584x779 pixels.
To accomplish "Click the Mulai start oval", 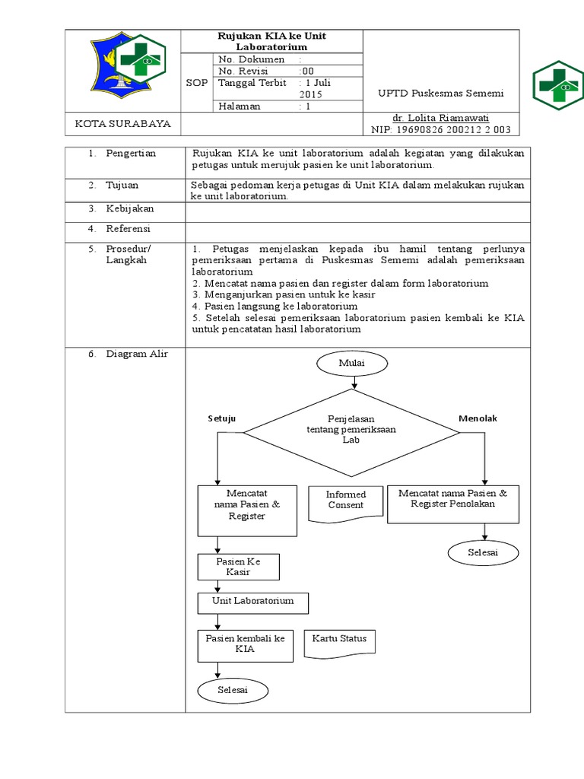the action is pos(351,364).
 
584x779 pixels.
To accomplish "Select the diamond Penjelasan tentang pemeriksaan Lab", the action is pos(351,430).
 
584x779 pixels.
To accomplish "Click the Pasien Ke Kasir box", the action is pos(238,567).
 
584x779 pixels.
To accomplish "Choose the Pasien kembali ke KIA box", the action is pos(245,644).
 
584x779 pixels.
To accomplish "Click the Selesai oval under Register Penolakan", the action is pos(482,553).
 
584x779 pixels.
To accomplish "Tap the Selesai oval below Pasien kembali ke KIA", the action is pos(233,690).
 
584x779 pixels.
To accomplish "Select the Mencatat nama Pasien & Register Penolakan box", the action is pos(452,503).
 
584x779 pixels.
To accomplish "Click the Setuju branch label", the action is pos(222,419).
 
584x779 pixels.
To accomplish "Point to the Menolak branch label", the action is pos(478,419).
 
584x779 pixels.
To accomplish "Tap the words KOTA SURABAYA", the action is pos(122,124).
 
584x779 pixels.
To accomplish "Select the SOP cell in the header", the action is pos(197,83).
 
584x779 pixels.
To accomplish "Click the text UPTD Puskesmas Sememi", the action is pos(440,93).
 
